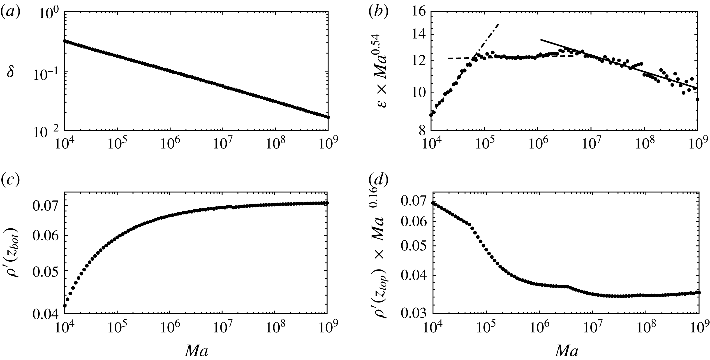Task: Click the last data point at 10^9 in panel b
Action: pos(697,100)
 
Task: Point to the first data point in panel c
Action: pos(65,305)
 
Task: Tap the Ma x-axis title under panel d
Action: pos(564,351)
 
